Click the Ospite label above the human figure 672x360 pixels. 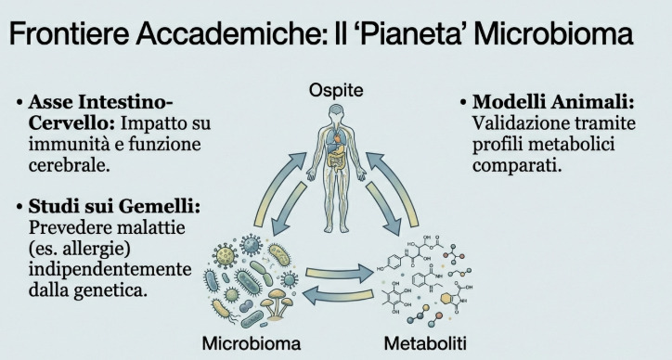(337, 91)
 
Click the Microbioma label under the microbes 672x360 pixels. (252, 342)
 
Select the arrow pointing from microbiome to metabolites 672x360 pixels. (340, 274)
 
